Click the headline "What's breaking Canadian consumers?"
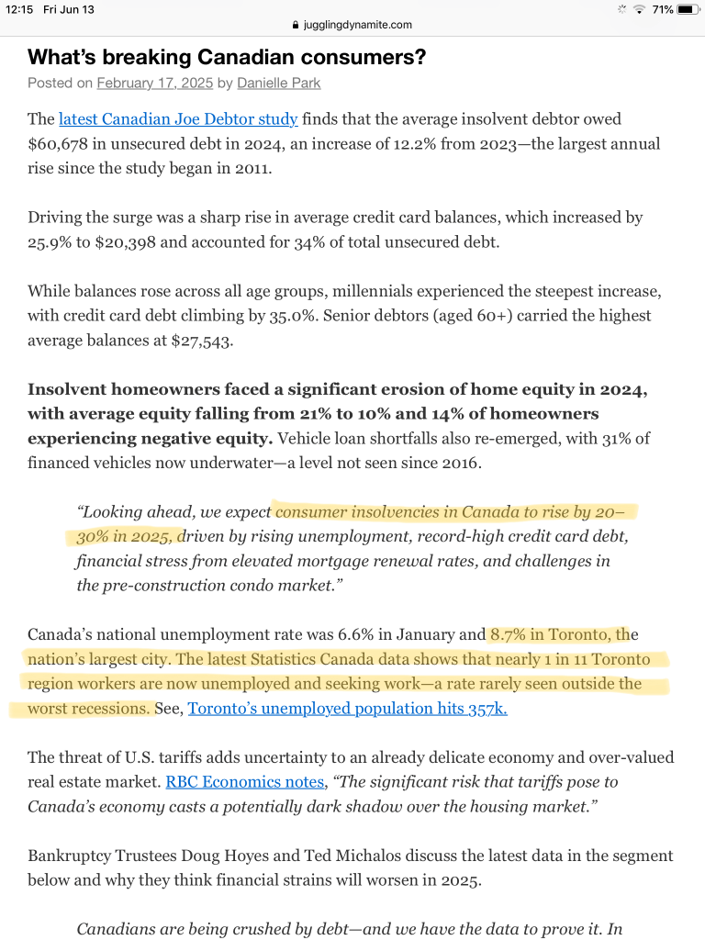click(227, 57)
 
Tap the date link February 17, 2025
click(154, 84)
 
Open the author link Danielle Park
click(277, 84)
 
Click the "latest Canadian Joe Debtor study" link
click(178, 119)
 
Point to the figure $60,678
click(59, 144)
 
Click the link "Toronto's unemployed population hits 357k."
click(347, 709)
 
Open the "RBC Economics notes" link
click(244, 782)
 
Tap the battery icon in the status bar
click(688, 10)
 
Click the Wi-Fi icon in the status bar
click(639, 10)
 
